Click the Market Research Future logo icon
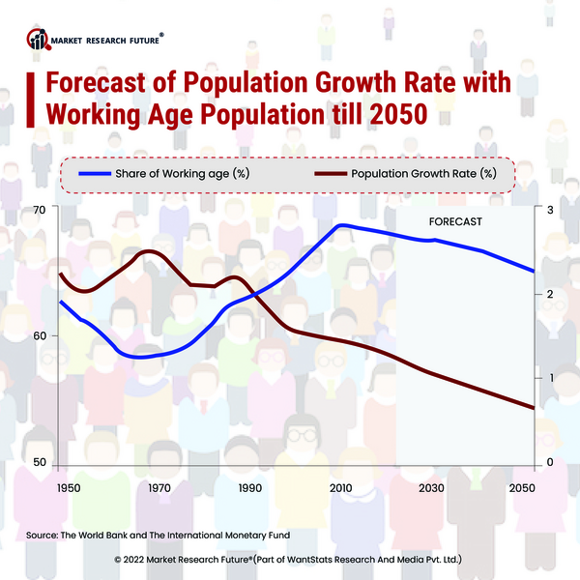[38, 40]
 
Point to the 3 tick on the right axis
[550, 210]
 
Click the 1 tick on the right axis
[550, 378]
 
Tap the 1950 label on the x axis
[69, 487]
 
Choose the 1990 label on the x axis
[249, 487]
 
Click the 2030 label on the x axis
[432, 487]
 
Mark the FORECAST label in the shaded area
[455, 221]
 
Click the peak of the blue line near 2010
[341, 225]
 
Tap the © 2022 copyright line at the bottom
[289, 559]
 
